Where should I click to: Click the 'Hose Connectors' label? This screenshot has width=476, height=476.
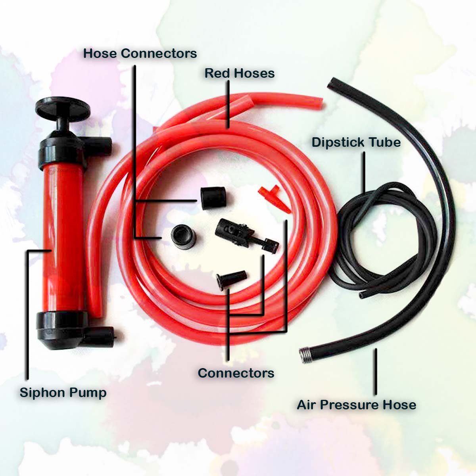140,53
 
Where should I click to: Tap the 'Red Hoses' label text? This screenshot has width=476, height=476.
239,73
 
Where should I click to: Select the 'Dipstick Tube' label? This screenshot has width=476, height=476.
356,142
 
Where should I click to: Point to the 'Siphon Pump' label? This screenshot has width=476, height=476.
63,393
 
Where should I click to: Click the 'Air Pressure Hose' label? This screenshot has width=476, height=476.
356,405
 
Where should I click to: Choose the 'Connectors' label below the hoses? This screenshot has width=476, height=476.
236,373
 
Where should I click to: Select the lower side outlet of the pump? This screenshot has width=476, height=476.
99,333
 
